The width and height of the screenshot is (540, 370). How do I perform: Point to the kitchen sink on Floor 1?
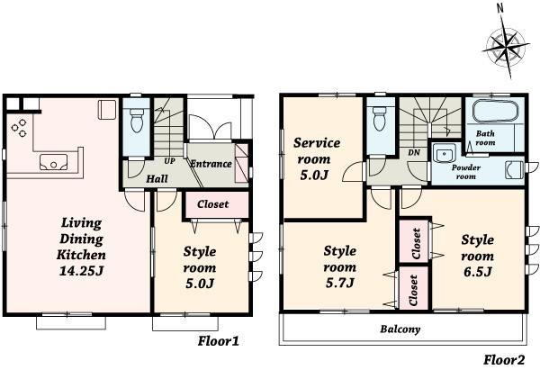point(52,164)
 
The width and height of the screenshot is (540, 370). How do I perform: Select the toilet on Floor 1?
point(137,120)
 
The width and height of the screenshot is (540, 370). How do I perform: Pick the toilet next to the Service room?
point(380,119)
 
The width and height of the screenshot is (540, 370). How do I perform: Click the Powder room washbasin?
point(442,153)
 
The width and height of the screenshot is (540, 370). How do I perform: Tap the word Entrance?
point(211,164)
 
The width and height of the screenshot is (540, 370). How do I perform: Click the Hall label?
point(157,178)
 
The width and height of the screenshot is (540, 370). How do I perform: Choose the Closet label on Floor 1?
point(212,204)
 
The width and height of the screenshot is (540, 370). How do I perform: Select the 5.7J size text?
point(339,283)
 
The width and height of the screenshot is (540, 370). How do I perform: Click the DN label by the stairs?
point(415,152)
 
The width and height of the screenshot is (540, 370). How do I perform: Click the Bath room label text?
point(485,138)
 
